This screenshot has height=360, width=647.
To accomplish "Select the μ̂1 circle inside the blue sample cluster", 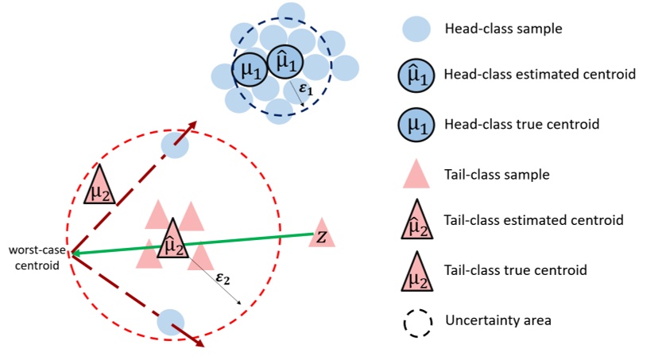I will pyautogui.click(x=285, y=62).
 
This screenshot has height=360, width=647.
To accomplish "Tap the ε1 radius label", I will pyautogui.click(x=307, y=90).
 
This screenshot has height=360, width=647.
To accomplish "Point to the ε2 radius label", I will pyautogui.click(x=224, y=278).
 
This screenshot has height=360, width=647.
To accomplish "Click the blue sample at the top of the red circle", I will pyautogui.click(x=175, y=145).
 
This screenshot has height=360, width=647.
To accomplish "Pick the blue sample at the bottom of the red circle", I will pyautogui.click(x=170, y=322).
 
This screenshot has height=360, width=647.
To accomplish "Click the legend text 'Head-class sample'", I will pyautogui.click(x=492, y=29).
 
